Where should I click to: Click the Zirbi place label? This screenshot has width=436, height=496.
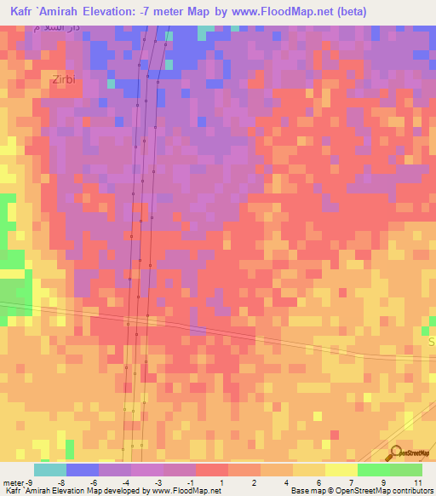(x=63, y=79)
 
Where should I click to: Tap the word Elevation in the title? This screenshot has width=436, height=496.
(x=120, y=11)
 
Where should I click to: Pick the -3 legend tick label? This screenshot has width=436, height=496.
(x=158, y=482)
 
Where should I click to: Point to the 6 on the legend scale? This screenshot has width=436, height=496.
(x=318, y=482)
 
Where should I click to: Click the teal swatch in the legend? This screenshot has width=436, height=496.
(x=49, y=470)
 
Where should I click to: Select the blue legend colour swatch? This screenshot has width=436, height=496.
(x=83, y=470)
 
